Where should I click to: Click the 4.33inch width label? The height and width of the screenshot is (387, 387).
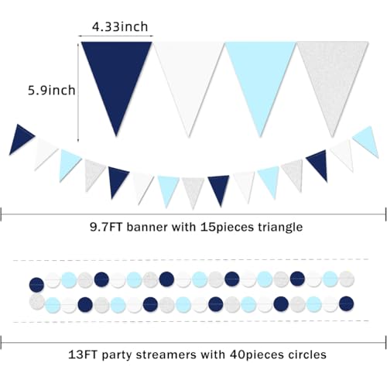tap(120, 27)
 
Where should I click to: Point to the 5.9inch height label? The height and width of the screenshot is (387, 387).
tap(52, 91)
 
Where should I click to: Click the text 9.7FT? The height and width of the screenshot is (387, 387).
tap(106, 227)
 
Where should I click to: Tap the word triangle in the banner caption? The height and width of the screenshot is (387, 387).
tap(280, 228)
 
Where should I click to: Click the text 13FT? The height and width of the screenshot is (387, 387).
tap(82, 354)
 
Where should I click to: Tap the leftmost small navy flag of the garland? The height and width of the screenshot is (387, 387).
tap(19, 138)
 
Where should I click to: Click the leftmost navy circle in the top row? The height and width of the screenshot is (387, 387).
tap(36, 285)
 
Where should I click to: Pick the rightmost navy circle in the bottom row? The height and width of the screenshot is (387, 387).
tap(346, 303)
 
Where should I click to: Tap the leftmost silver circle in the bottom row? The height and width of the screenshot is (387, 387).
tap(37, 302)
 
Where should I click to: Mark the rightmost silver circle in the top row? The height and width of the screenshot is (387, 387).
tap(347, 279)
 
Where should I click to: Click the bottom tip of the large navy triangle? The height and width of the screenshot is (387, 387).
tap(116, 136)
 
